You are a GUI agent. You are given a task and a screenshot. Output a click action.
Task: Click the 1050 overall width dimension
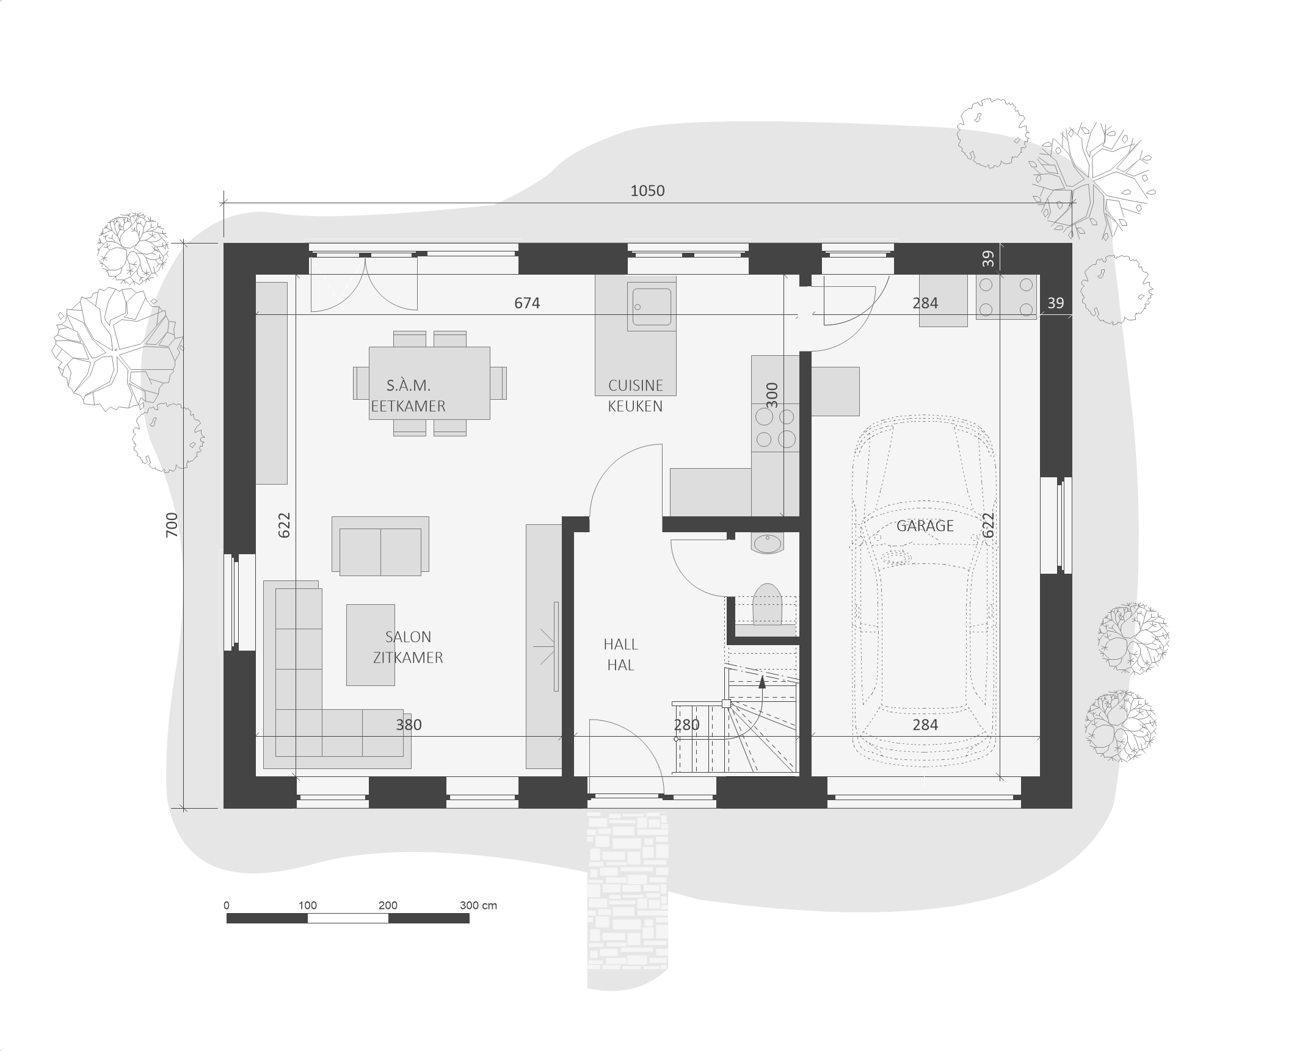pos(647,191)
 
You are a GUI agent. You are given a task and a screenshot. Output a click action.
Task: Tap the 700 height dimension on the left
pos(172,525)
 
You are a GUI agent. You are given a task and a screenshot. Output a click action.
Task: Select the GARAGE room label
pos(925,525)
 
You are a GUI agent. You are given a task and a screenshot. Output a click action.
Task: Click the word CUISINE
pos(635,385)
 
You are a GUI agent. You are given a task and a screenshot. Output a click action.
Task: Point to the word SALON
pos(408,637)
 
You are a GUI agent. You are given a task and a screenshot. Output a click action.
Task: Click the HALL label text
pos(620,644)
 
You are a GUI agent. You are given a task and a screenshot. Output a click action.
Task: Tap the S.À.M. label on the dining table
pos(409,385)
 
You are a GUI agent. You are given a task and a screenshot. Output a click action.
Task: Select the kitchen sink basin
pos(652,307)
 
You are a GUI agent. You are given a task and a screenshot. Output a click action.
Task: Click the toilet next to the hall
pos(768,604)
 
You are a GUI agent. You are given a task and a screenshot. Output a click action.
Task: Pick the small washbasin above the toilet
pos(768,543)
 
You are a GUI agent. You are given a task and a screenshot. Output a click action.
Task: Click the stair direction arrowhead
pos(762,682)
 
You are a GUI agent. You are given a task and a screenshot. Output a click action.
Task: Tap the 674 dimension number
pos(527,303)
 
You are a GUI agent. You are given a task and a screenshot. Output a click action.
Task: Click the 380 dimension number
pos(409,724)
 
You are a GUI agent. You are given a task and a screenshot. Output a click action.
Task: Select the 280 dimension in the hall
pos(686,724)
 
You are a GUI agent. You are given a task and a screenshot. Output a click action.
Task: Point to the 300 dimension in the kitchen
pos(772,395)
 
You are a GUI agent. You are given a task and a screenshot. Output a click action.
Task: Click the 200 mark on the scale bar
pos(388,905)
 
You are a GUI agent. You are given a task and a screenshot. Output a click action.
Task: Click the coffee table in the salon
pos(371,645)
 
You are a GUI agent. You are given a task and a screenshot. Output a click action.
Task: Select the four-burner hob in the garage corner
pos(1006,297)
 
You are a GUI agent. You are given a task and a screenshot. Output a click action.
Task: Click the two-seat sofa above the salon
pos(380,546)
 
